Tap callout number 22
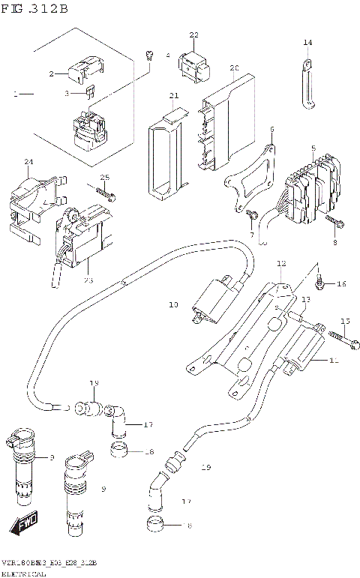point(193,35)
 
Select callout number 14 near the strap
point(307,43)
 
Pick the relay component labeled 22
point(193,65)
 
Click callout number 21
point(173,96)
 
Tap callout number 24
point(28,162)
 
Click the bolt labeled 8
point(335,221)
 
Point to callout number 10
point(173,305)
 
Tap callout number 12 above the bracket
point(281,264)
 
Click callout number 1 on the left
point(14,95)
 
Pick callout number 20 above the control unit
point(234,68)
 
